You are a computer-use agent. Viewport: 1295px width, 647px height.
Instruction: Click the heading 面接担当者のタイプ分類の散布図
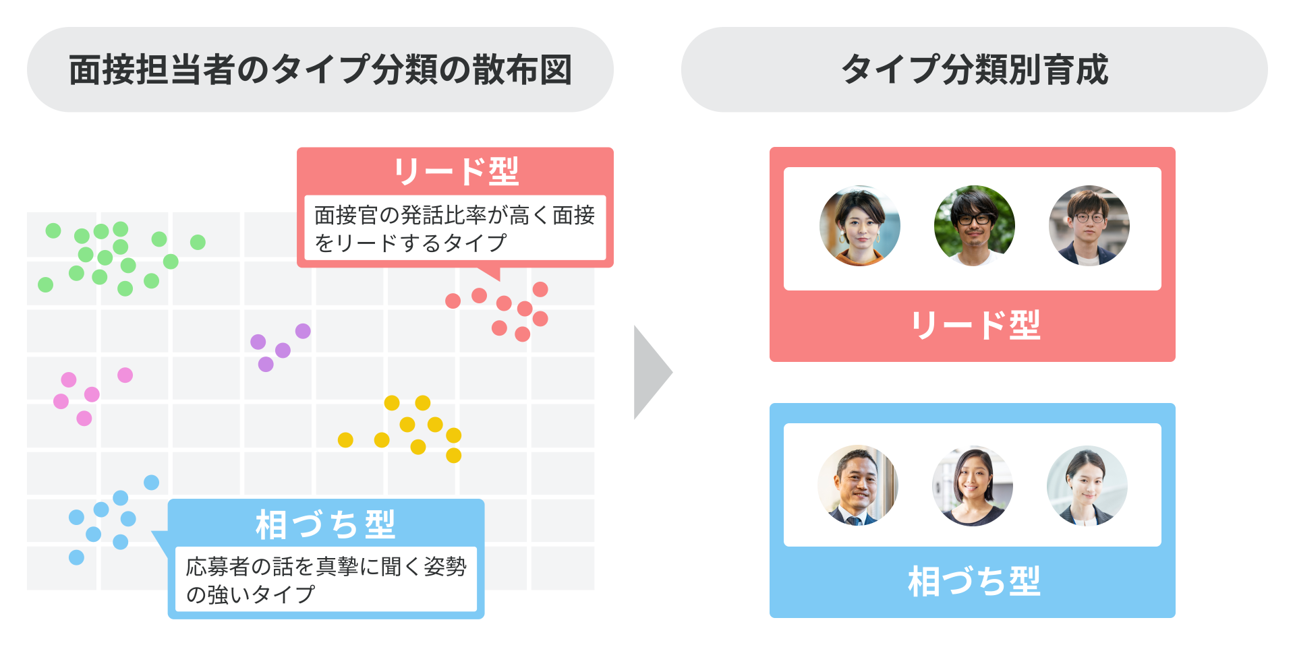pyautogui.click(x=320, y=70)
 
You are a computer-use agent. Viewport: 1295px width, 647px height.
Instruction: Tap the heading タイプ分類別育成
pyautogui.click(x=974, y=70)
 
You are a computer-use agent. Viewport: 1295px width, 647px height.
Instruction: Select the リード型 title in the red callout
pyautogui.click(x=456, y=171)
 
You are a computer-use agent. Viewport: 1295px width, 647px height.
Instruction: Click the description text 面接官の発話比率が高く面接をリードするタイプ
pyautogui.click(x=455, y=228)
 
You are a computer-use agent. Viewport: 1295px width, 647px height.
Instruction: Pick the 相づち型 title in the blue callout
pyautogui.click(x=325, y=524)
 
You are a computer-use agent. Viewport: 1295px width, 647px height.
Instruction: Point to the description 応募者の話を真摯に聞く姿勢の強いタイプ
pyautogui.click(x=326, y=580)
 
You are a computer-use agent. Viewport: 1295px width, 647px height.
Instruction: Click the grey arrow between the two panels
pyautogui.click(x=651, y=372)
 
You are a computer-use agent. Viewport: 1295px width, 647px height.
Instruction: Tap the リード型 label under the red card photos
pyautogui.click(x=975, y=325)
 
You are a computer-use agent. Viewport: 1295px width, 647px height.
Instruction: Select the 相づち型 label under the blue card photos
pyautogui.click(x=974, y=581)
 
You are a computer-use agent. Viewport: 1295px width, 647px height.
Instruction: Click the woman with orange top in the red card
pyautogui.click(x=860, y=226)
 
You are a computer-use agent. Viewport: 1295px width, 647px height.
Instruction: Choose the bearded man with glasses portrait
pyautogui.click(x=974, y=226)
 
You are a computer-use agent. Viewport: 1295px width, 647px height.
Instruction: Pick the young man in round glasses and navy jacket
pyautogui.click(x=1089, y=226)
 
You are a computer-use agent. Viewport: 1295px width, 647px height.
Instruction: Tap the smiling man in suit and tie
pyautogui.click(x=858, y=485)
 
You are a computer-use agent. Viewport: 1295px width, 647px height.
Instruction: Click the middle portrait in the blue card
pyautogui.click(x=972, y=485)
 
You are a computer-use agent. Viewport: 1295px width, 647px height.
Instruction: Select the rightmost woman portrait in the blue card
pyautogui.click(x=1087, y=485)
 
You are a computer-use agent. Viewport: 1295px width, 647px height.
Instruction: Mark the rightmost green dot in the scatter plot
pyautogui.click(x=198, y=242)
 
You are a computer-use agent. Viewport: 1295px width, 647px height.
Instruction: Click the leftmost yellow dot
pyautogui.click(x=345, y=440)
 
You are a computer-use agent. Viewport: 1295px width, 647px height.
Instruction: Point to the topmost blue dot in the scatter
pyautogui.click(x=152, y=483)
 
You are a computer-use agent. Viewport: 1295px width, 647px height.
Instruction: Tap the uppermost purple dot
pyautogui.click(x=303, y=331)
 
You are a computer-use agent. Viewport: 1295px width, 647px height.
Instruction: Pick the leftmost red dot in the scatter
pyautogui.click(x=453, y=301)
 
